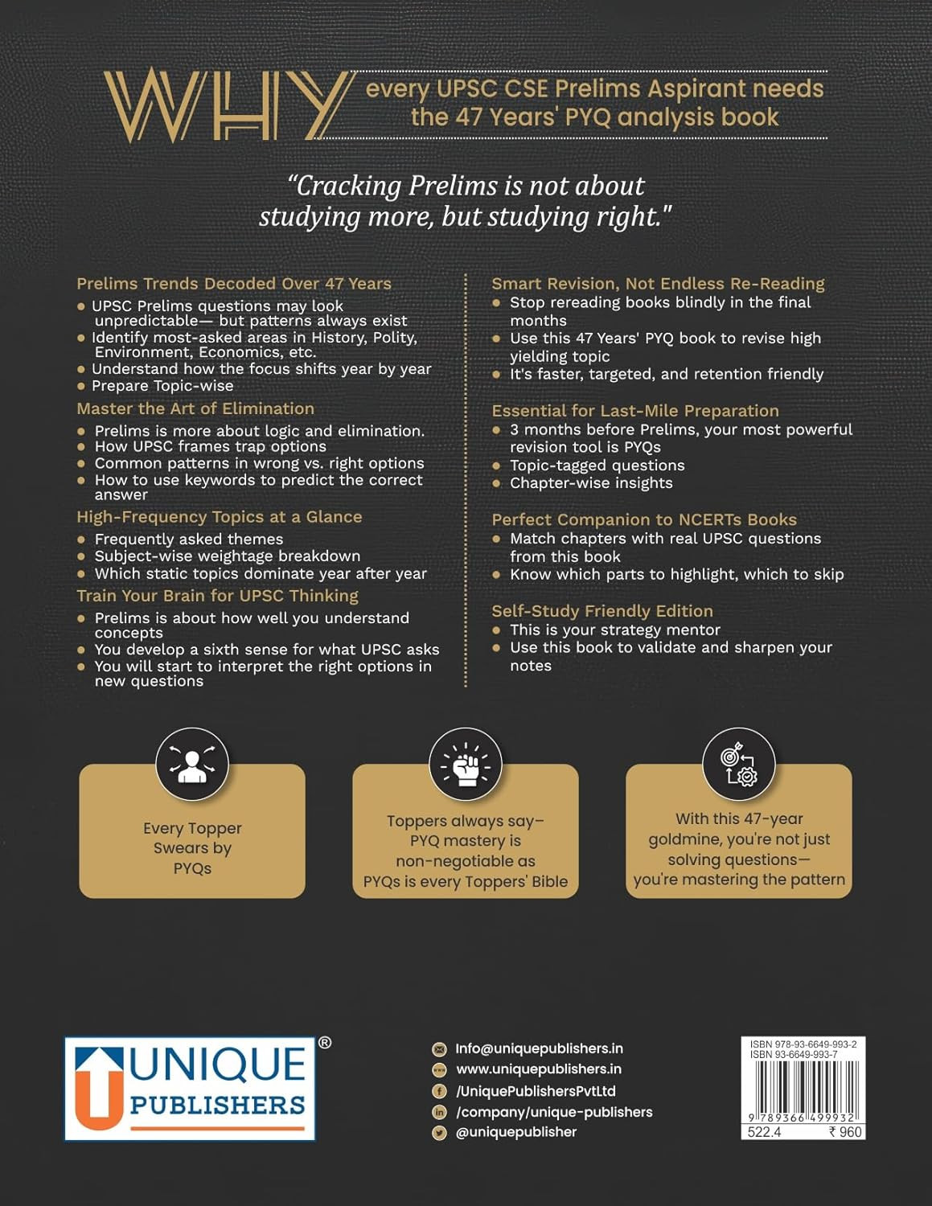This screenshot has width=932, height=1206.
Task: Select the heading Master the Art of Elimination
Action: [x=195, y=408]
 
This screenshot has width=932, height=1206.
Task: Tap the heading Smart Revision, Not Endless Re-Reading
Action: [x=658, y=283]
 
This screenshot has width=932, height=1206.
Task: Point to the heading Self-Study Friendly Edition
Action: [x=602, y=611]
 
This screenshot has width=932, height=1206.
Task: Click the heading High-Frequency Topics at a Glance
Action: [x=219, y=517]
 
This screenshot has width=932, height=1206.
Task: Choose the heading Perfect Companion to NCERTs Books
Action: [x=644, y=519]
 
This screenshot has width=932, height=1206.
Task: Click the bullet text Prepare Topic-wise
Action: [x=162, y=386]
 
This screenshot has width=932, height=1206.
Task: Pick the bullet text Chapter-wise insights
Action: [x=591, y=483]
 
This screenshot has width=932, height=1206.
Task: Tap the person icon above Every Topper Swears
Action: [x=192, y=764]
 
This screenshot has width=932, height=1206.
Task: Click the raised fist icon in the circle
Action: [x=466, y=765]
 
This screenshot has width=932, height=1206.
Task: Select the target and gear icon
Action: [x=739, y=765]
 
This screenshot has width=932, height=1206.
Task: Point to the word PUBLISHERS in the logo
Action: [x=217, y=1105]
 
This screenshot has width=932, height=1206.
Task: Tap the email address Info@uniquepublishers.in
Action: [x=539, y=1048]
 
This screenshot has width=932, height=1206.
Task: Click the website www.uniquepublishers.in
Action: [x=539, y=1069]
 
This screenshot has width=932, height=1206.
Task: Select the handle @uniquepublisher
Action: [x=516, y=1132]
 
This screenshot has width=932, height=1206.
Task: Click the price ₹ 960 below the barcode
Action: [x=845, y=1132]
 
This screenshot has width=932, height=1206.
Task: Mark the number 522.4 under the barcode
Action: [x=764, y=1132]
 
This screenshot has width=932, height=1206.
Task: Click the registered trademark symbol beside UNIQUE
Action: [x=325, y=1043]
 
